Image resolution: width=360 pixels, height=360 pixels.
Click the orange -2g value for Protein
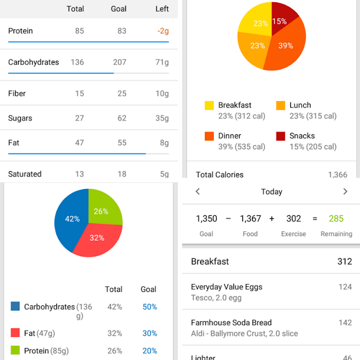point(163,31)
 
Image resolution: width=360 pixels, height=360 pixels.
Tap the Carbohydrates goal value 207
point(120,62)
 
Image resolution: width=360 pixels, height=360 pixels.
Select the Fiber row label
point(17,93)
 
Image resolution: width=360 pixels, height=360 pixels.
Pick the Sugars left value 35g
point(162,118)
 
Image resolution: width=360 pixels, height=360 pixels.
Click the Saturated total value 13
point(79,174)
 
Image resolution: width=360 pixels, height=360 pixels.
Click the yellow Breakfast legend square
point(209,105)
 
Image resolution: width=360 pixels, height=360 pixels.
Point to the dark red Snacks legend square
point(281,136)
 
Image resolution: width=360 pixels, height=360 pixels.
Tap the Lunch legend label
point(300,105)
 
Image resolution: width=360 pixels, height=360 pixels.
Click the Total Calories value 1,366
point(337,175)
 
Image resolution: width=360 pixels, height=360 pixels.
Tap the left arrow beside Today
point(197,191)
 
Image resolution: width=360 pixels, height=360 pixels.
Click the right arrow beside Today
point(345,191)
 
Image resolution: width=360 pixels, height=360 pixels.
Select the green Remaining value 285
point(336,219)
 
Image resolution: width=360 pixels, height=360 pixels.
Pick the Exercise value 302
point(294,219)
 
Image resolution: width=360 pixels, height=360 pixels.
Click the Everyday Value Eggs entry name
point(227,287)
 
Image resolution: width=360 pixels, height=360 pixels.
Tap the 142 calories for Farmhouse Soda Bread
point(345,322)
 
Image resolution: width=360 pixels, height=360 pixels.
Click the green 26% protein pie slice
point(103,208)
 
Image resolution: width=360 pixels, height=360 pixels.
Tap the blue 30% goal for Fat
point(150,333)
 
